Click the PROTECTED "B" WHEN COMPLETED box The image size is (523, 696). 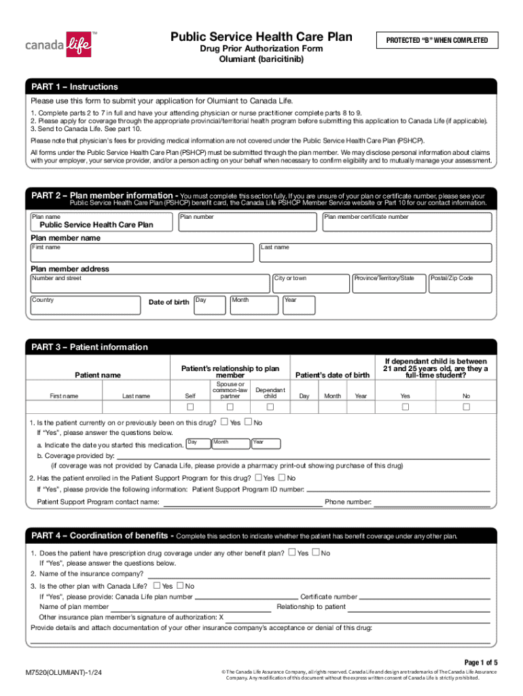(x=437, y=40)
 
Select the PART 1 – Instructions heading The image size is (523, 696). (x=75, y=87)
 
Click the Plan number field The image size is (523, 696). (x=248, y=222)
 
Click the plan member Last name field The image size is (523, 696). (x=376, y=253)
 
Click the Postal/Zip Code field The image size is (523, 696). (x=461, y=283)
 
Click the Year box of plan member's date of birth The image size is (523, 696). (x=300, y=305)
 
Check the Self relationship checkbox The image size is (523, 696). (x=190, y=407)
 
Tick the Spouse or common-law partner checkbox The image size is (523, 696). (x=230, y=407)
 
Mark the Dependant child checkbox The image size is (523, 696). (x=270, y=407)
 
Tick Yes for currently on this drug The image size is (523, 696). (x=224, y=422)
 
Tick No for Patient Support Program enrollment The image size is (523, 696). (x=282, y=478)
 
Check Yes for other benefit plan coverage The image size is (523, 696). (x=292, y=553)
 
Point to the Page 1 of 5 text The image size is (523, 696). (x=481, y=662)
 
